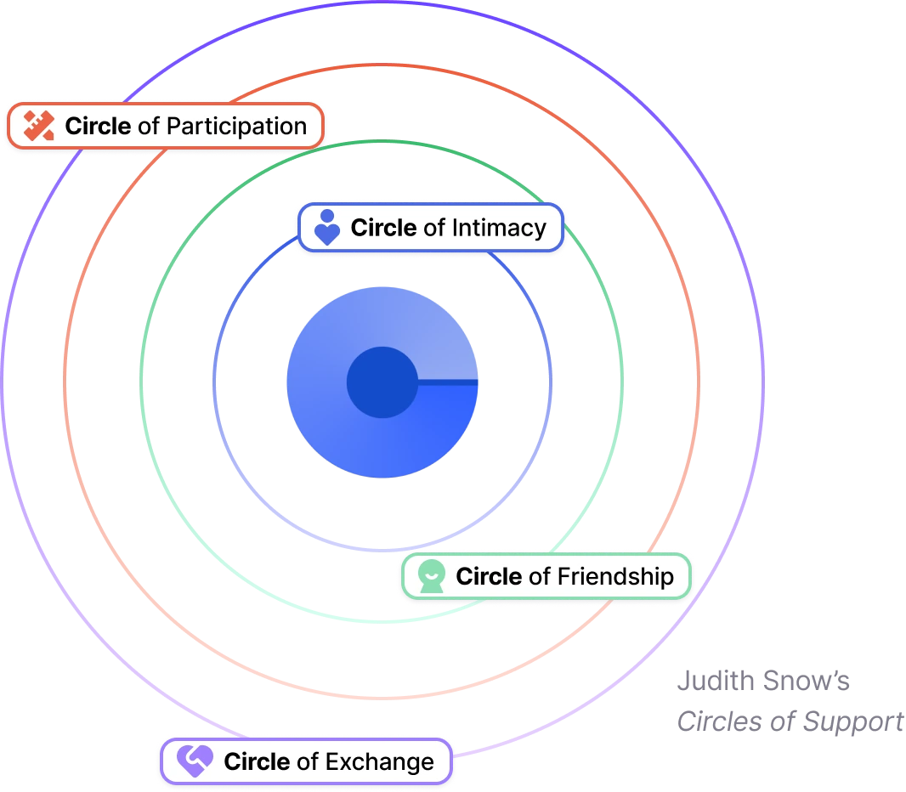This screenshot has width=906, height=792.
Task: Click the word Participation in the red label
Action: coord(235,127)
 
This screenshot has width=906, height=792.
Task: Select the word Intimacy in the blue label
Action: coord(498,228)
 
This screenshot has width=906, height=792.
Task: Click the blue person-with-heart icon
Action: coord(326,228)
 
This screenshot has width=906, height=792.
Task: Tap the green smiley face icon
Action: coord(432,577)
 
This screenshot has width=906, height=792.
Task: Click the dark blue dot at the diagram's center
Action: coord(381,382)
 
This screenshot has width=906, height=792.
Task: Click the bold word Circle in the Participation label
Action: coord(99,127)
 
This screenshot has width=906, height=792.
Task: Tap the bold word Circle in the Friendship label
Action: coord(489,576)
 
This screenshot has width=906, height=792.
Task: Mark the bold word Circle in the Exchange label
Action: coord(257,761)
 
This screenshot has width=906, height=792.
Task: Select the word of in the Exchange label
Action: coord(307,761)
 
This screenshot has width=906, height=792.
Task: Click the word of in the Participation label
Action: coord(148,127)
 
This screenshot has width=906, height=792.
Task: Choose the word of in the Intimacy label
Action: coord(433,228)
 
